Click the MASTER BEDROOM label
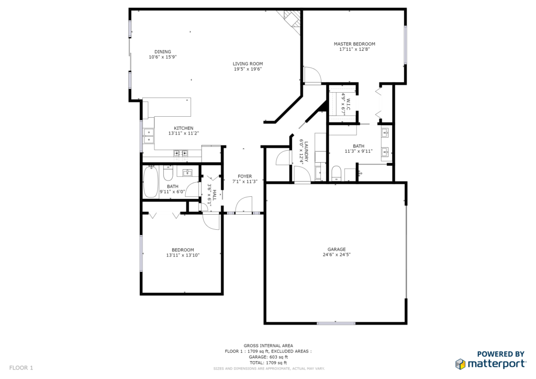[354, 44]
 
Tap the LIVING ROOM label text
[248, 63]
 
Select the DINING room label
[163, 52]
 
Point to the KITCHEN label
[184, 128]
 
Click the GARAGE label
[337, 250]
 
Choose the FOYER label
[245, 176]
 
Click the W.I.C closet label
[348, 104]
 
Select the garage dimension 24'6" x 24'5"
[337, 254]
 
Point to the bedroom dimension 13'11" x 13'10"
[183, 255]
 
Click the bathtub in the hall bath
[150, 182]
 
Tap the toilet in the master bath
[337, 173]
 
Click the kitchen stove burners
[181, 153]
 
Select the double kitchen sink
[148, 136]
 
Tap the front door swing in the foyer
[244, 204]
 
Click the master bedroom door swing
[312, 75]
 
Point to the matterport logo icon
[460, 364]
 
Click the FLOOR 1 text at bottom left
[21, 368]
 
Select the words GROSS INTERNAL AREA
[269, 346]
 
